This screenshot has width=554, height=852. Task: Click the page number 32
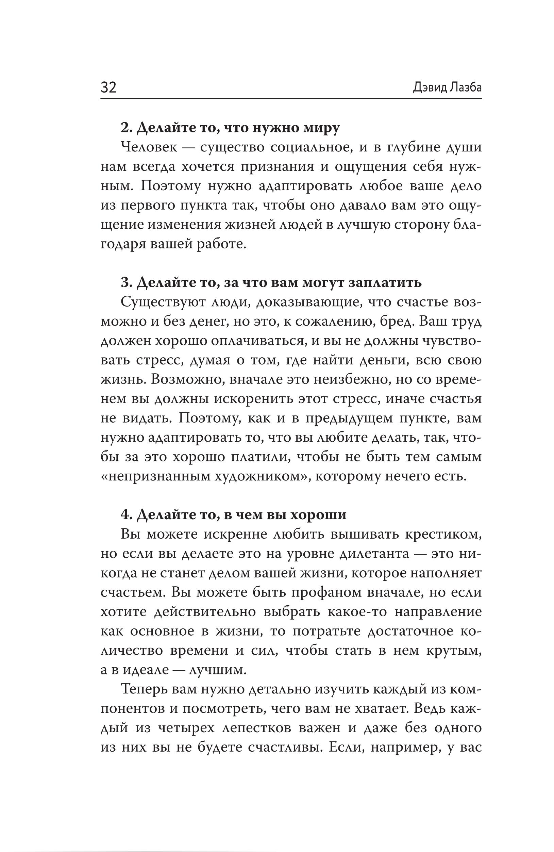coord(108,87)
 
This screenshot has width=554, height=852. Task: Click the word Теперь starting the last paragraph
coord(144,689)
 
